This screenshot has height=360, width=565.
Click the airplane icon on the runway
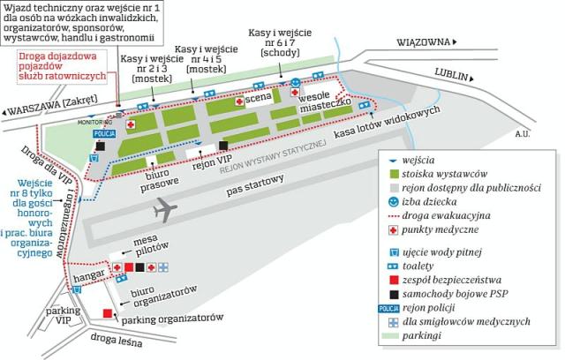[x=165, y=211]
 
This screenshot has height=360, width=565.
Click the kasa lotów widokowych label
[x=388, y=121]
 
